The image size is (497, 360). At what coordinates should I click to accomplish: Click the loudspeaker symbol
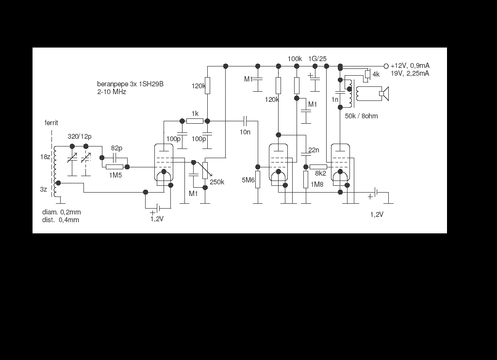[384, 94]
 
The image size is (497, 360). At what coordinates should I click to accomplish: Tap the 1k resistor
[195, 121]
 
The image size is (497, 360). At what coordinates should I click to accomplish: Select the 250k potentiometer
[205, 170]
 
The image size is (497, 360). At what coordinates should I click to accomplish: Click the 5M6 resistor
[258, 180]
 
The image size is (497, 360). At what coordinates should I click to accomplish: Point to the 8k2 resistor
[318, 167]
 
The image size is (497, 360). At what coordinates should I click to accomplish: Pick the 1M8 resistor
[306, 180]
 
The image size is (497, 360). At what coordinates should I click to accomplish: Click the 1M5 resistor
[115, 167]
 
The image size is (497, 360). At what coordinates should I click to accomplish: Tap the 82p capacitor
[115, 158]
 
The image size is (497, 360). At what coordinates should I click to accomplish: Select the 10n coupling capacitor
[245, 121]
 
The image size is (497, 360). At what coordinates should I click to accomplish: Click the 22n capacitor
[306, 154]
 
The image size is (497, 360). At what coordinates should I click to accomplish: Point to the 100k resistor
[297, 85]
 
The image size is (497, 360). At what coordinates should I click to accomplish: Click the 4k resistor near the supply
[368, 74]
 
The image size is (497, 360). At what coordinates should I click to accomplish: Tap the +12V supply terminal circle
[386, 66]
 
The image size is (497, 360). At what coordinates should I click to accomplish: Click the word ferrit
[51, 123]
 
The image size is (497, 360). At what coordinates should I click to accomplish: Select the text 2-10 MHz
[112, 92]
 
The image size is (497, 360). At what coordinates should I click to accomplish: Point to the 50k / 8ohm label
[361, 116]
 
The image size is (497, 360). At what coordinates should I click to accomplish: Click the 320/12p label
[80, 137]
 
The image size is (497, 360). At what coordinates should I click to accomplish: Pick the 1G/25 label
[317, 59]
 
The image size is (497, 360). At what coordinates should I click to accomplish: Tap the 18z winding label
[45, 157]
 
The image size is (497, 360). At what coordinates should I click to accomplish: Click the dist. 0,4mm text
[61, 220]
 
